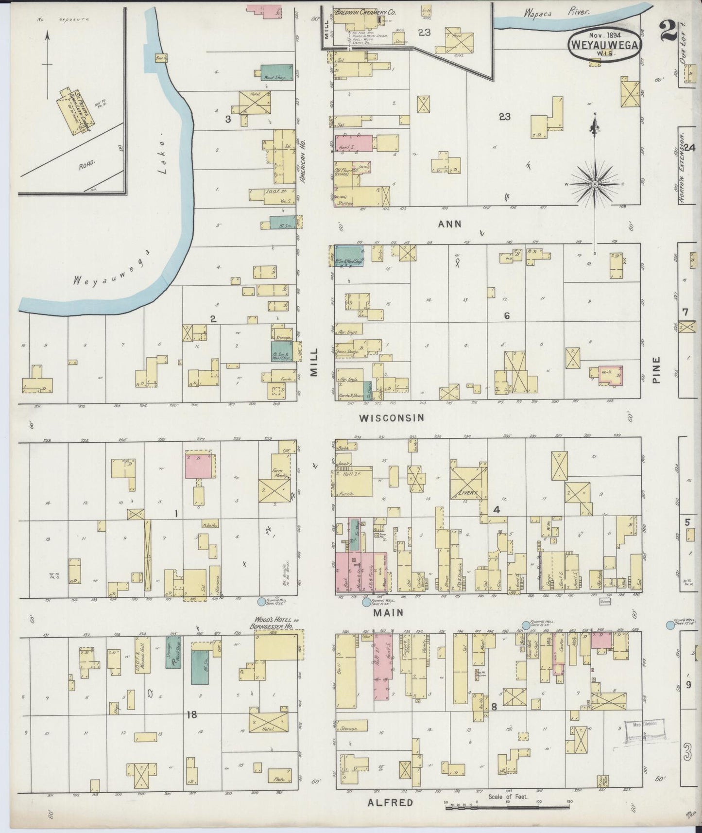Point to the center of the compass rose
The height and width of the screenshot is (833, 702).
pos(595,185)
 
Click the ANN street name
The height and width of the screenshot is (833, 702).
pos(449,224)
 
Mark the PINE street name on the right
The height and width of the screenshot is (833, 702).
pos(657,371)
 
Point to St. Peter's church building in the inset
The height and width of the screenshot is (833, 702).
pos(73,110)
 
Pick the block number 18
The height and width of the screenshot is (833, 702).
pos(191,714)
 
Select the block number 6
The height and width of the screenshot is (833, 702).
pos(507,316)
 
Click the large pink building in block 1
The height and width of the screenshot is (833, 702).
pos(199,464)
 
